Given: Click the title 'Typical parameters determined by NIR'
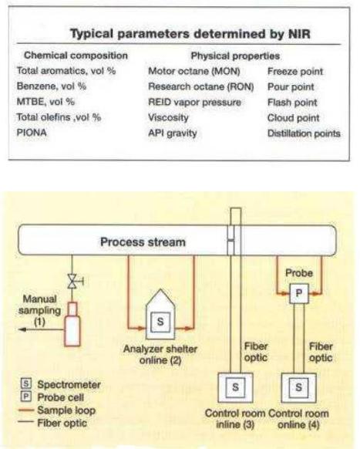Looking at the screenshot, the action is pyautogui.click(x=190, y=34).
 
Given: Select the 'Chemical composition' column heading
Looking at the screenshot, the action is pyautogui.click(x=76, y=56).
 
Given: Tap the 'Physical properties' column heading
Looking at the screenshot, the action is pyautogui.click(x=235, y=56).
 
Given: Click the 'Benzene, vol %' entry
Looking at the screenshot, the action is pyautogui.click(x=52, y=86).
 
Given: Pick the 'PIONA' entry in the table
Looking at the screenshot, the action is pyautogui.click(x=32, y=133).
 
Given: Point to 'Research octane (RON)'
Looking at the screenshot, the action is pyautogui.click(x=201, y=86).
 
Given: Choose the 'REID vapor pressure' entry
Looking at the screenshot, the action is pyautogui.click(x=194, y=103).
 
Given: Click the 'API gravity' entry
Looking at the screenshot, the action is pyautogui.click(x=173, y=133).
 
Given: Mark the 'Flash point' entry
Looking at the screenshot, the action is pyautogui.click(x=292, y=103).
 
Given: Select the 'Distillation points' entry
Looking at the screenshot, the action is pyautogui.click(x=304, y=133).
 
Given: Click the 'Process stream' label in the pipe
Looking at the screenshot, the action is pyautogui.click(x=143, y=242).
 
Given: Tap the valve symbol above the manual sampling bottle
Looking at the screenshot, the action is pyautogui.click(x=73, y=281).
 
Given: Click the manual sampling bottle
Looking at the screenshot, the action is pyautogui.click(x=72, y=325).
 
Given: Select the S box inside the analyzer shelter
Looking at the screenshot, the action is pyautogui.click(x=160, y=322).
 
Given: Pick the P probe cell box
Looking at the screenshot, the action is pyautogui.click(x=299, y=293).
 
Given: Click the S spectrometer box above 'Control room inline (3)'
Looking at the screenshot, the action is pyautogui.click(x=235, y=387).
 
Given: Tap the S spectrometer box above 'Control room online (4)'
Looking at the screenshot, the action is pyautogui.click(x=299, y=387).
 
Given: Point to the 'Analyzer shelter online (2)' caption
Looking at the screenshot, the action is pyautogui.click(x=160, y=355).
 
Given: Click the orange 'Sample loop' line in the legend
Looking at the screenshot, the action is pyautogui.click(x=26, y=410).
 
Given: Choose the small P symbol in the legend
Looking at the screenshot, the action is pyautogui.click(x=26, y=397).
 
